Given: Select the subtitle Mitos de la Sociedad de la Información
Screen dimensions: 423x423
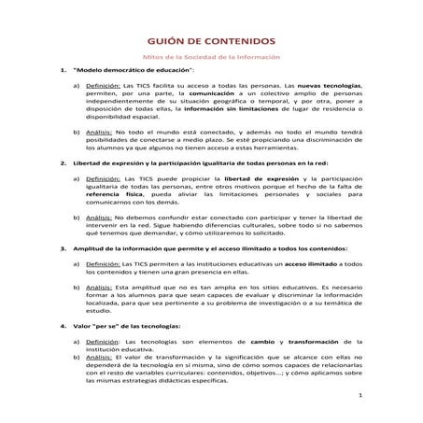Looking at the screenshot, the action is [211, 58].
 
